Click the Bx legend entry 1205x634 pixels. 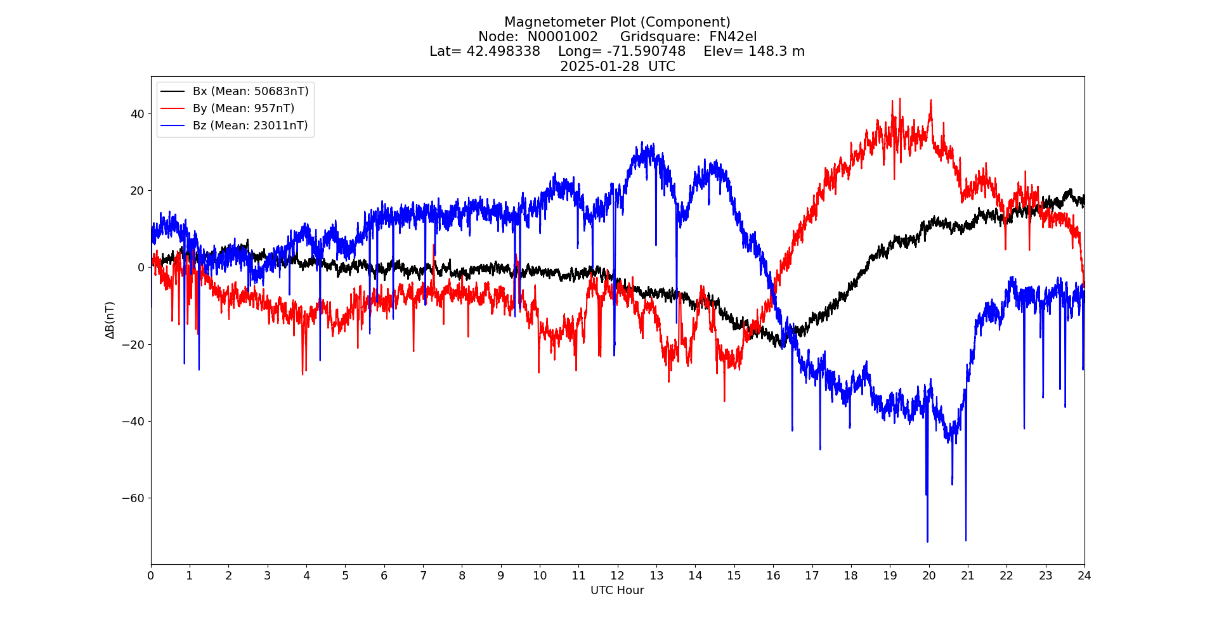pyautogui.click(x=250, y=91)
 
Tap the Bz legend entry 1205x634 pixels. pyautogui.click(x=250, y=126)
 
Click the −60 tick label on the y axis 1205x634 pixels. pyautogui.click(x=133, y=498)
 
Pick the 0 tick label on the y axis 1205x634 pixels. pyautogui.click(x=141, y=268)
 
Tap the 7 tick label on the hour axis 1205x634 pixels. pyautogui.click(x=423, y=576)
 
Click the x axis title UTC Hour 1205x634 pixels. pyautogui.click(x=617, y=590)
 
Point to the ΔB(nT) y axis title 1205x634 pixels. pyautogui.click(x=110, y=320)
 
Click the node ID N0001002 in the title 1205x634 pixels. pyautogui.click(x=563, y=37)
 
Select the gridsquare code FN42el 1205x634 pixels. pyautogui.click(x=733, y=37)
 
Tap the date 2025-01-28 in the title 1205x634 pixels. pyautogui.click(x=599, y=67)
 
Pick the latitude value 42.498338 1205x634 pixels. pyautogui.click(x=503, y=51)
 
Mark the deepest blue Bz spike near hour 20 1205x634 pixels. pyautogui.click(x=927, y=541)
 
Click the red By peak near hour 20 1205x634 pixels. pyautogui.click(x=931, y=100)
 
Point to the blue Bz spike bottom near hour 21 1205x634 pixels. pyautogui.click(x=966, y=540)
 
